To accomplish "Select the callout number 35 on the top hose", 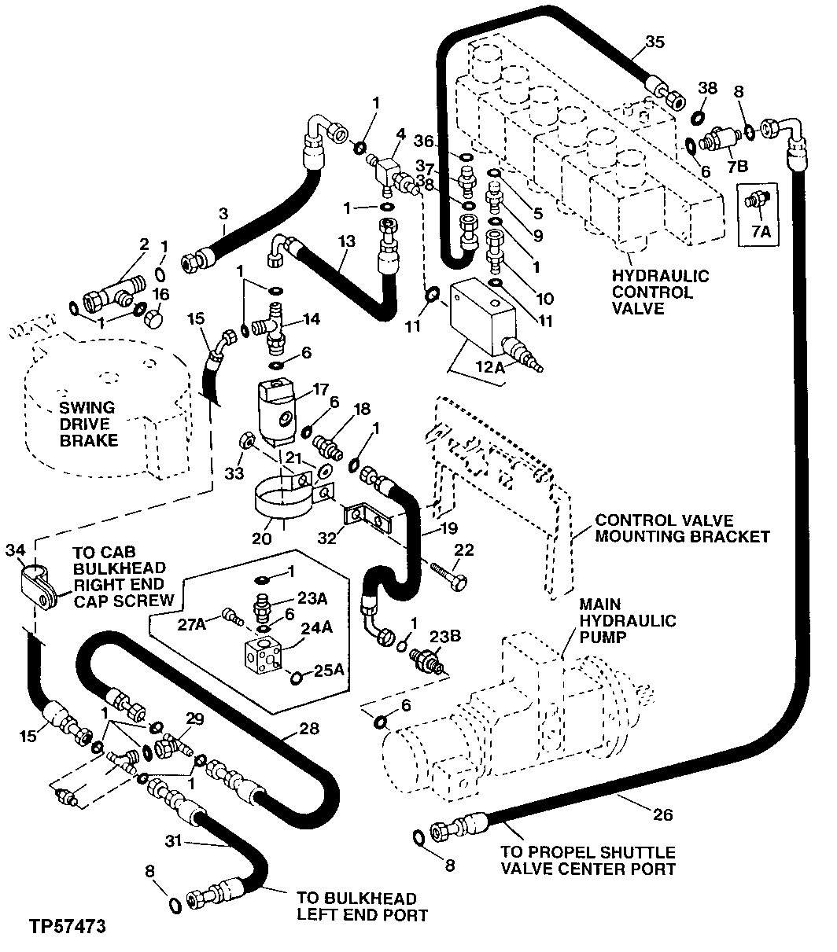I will (654, 42).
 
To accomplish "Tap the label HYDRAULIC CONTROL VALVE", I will (661, 292).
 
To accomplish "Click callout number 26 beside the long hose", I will (663, 815).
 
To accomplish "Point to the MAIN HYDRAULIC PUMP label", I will (627, 621).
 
